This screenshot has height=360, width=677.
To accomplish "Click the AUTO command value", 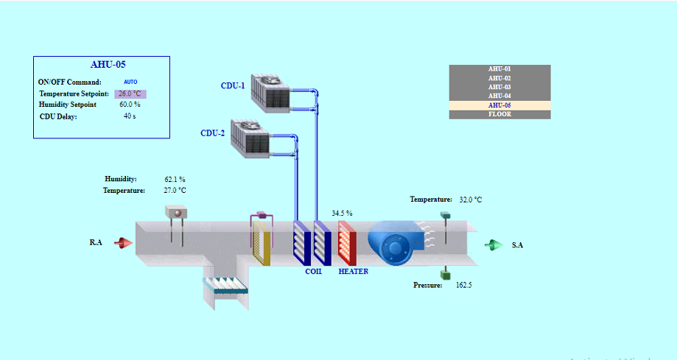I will coord(130,82).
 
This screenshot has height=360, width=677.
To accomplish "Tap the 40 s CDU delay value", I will coord(130,116).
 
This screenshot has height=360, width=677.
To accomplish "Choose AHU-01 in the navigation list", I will coord(499,69).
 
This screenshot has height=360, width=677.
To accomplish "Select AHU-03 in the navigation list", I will coord(499,87).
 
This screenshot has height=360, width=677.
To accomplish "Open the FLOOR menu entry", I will coord(499,114).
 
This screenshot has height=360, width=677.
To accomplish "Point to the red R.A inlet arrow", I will coord(123,242).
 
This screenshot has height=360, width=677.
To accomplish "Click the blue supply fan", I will coord(394,243).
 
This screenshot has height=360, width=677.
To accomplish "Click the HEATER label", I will coord(353,272).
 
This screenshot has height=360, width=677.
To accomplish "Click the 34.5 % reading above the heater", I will coord(342,213).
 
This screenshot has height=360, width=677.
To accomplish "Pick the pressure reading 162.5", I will coord(464,285).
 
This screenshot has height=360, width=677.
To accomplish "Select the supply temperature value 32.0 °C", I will coord(471,200).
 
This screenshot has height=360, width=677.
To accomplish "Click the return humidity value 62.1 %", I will coord(175,179).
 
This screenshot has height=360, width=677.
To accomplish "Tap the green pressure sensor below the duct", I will coord(445,275).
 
